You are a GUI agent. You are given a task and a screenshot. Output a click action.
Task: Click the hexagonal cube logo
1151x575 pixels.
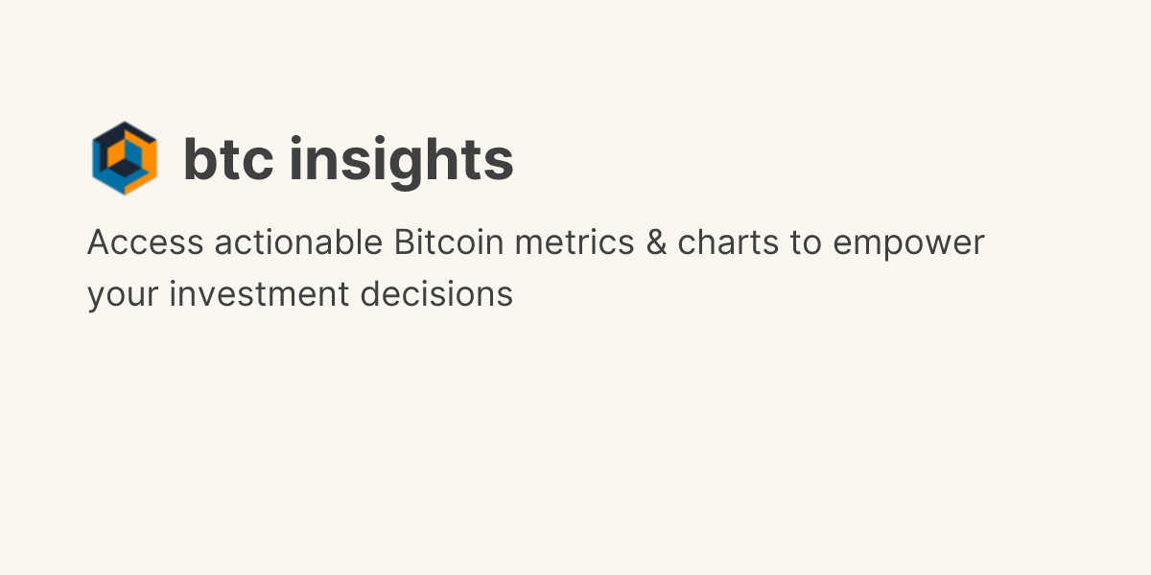[x=125, y=158]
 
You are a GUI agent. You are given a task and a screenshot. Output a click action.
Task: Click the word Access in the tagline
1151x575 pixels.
[x=145, y=243]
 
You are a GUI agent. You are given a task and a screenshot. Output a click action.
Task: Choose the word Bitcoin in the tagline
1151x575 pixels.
[x=449, y=243]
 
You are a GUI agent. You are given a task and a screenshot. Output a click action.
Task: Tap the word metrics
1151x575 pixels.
[x=575, y=243]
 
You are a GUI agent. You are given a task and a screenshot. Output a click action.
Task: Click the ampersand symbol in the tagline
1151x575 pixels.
[x=656, y=243]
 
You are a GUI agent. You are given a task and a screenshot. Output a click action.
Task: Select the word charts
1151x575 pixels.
[x=729, y=243]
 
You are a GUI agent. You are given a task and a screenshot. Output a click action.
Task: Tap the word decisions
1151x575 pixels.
[x=436, y=294]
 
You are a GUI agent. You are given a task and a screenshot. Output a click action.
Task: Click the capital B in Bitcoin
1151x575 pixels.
[x=404, y=243]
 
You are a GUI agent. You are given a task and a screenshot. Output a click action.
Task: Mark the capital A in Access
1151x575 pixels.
[x=100, y=243]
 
